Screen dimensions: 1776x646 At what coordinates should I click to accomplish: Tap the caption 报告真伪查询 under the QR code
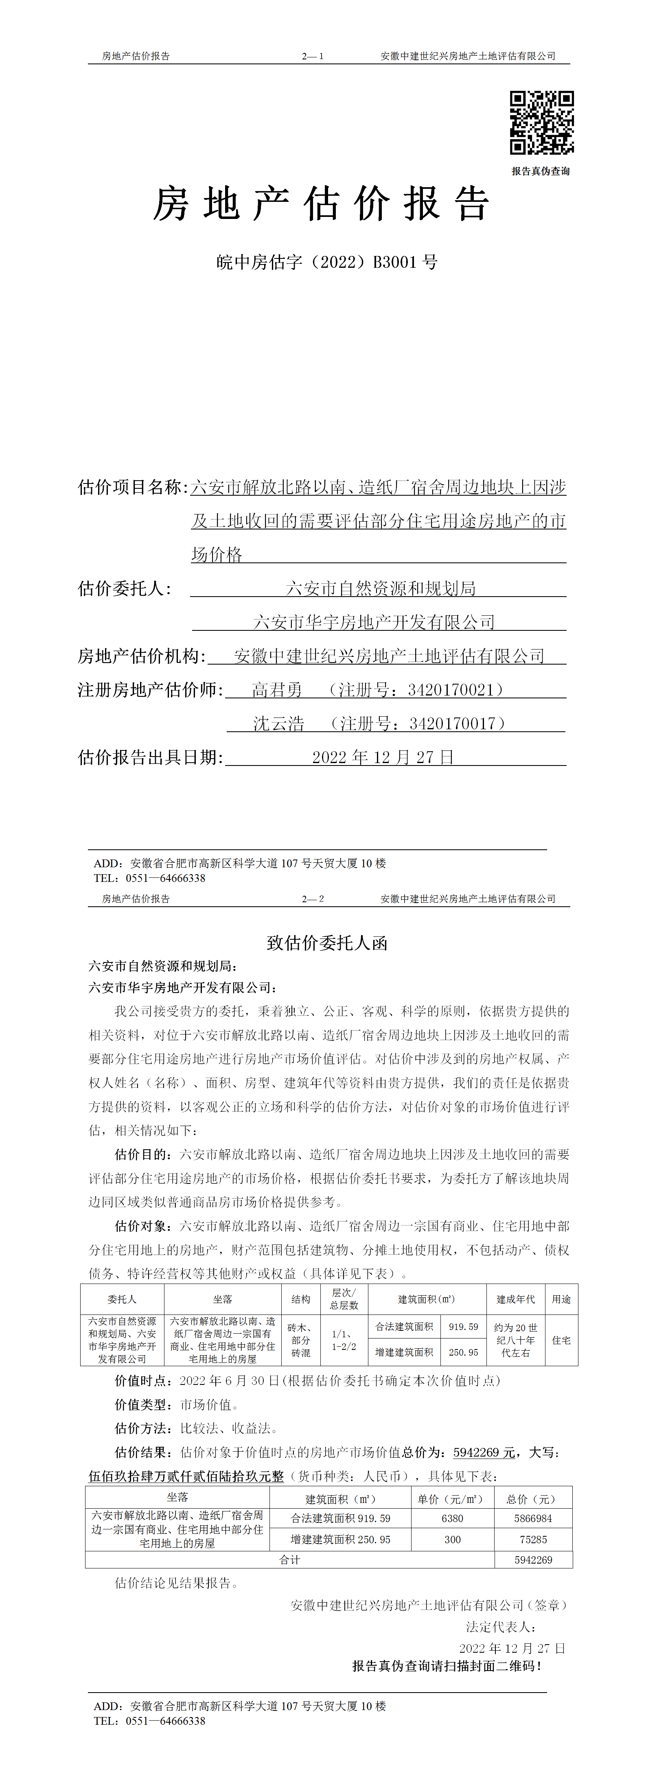541,171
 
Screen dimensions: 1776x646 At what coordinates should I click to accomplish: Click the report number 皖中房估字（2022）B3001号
327,262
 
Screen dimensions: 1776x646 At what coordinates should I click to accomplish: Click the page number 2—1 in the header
312,56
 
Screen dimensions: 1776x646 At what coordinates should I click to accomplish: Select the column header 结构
300,1299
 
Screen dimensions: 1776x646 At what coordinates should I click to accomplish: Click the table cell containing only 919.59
463,1326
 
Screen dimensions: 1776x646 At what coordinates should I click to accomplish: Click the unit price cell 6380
452,1518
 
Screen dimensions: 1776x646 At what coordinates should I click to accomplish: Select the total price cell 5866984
533,1518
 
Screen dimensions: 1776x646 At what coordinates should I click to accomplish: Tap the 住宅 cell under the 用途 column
561,1340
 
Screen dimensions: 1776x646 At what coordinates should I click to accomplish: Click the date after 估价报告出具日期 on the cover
383,757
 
